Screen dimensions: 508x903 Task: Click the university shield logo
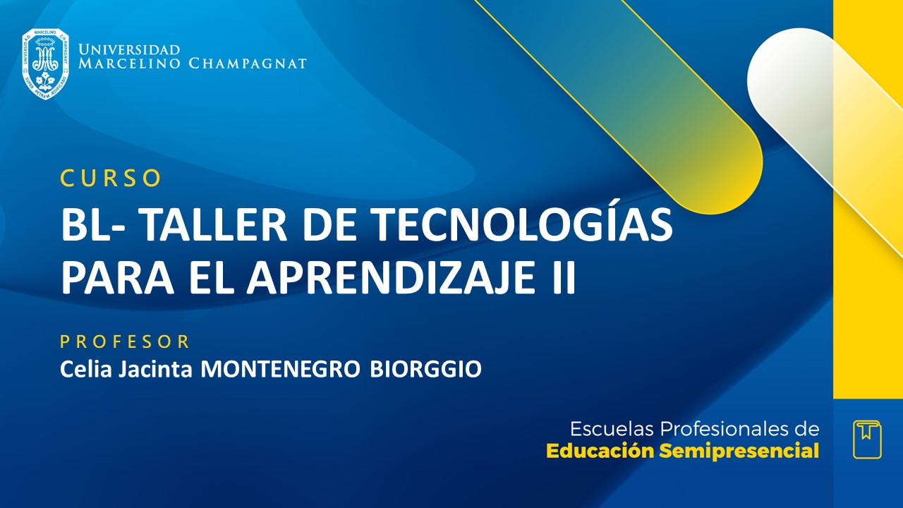(45, 64)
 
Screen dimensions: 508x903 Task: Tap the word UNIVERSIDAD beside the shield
(129, 50)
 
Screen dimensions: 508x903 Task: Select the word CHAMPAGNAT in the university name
(248, 64)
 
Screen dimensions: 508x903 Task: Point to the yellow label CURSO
(111, 179)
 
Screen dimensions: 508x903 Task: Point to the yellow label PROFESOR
(125, 342)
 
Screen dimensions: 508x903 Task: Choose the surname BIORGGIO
(426, 369)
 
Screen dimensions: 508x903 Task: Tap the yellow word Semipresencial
(739, 452)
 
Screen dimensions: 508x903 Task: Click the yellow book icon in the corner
(867, 439)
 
